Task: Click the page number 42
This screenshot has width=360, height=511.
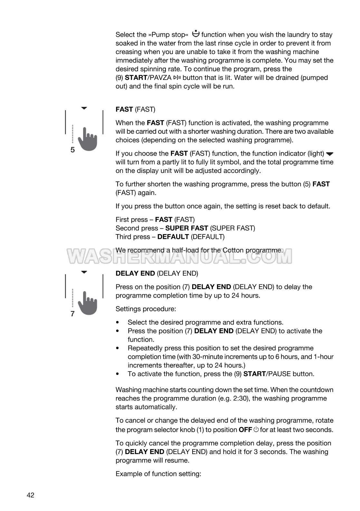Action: [x=30, y=495]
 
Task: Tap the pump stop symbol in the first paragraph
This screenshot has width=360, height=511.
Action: [x=195, y=33]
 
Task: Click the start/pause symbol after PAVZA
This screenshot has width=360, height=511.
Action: [x=177, y=78]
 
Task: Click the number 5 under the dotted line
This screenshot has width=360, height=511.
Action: [x=73, y=150]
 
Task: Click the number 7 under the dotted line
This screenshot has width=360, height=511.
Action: [x=73, y=314]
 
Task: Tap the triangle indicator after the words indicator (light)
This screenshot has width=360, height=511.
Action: [x=330, y=154]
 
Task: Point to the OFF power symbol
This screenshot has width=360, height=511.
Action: [x=256, y=430]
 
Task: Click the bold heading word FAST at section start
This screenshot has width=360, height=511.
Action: [x=124, y=109]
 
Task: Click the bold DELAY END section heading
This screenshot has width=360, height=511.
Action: [x=135, y=273]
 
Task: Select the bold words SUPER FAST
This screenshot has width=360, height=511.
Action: [x=186, y=228]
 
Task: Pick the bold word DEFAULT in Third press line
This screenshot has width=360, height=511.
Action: [x=173, y=237]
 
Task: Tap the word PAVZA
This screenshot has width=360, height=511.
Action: [x=160, y=78]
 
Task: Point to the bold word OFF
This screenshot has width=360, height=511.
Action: [x=245, y=430]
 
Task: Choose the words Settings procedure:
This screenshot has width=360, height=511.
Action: [x=146, y=309]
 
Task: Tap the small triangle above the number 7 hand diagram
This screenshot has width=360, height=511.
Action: [x=84, y=272]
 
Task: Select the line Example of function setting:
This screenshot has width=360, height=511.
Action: [x=158, y=474]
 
